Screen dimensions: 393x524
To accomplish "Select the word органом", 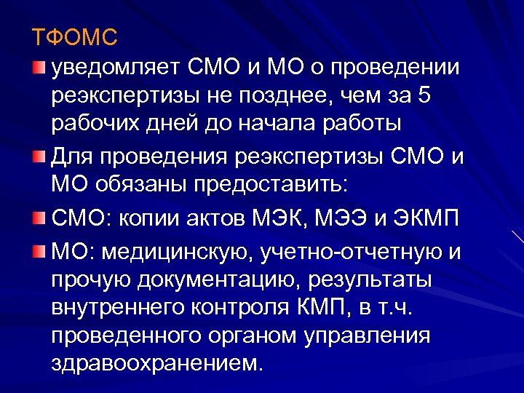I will tap(254, 336).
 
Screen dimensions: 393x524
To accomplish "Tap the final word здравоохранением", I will tap(155, 363).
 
